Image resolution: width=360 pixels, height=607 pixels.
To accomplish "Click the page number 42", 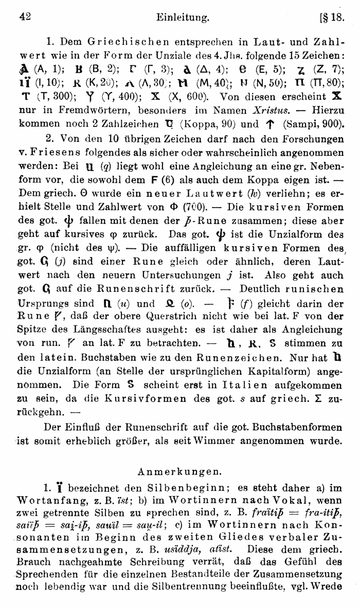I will pyautogui.click(x=25, y=17).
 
